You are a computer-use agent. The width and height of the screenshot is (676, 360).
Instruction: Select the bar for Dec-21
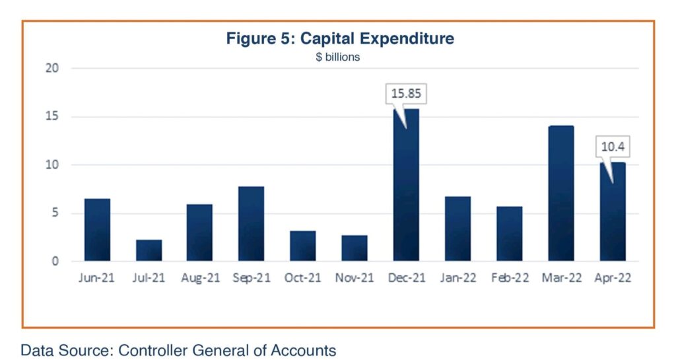406,185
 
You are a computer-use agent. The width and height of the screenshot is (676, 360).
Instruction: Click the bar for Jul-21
149,250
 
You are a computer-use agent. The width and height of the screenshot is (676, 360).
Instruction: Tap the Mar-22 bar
560,194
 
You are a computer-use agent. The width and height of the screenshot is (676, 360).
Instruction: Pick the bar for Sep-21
252,224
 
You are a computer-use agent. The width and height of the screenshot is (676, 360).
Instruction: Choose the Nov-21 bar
355,248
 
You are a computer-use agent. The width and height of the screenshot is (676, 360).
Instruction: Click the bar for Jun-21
97,230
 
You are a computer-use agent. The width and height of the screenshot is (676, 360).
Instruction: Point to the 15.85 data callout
406,93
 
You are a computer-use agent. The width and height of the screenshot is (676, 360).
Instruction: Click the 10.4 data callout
612,145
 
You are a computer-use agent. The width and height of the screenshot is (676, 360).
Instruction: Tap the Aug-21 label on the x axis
200,278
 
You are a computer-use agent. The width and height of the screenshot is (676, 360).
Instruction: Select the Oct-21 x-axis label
303,278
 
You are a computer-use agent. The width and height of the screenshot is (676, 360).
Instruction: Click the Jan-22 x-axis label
457,278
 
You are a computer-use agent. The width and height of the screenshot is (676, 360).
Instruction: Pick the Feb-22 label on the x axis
509,278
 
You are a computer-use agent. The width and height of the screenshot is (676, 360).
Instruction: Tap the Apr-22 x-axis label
612,278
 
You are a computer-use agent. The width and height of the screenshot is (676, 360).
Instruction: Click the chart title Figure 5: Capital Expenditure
340,38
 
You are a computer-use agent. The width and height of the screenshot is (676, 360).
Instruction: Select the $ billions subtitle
337,57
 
